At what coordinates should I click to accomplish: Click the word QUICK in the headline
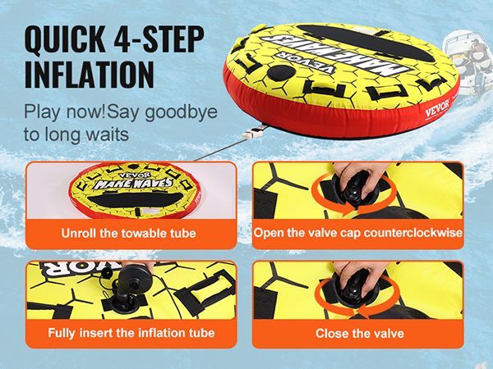coord(65,39)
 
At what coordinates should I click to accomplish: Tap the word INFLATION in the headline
coord(90,75)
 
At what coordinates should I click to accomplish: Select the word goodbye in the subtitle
coord(181,112)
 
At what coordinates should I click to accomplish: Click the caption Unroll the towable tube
coord(129,234)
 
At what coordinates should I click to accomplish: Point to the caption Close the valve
coord(360,333)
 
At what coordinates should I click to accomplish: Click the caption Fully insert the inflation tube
coord(131,333)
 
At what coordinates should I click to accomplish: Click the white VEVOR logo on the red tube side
coord(437,108)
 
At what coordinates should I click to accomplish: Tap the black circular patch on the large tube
coord(281,73)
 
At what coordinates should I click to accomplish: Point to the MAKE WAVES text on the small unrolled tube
coord(133,183)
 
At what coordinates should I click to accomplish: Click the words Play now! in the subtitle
coord(65,112)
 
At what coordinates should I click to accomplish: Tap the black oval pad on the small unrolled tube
coord(136,199)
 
